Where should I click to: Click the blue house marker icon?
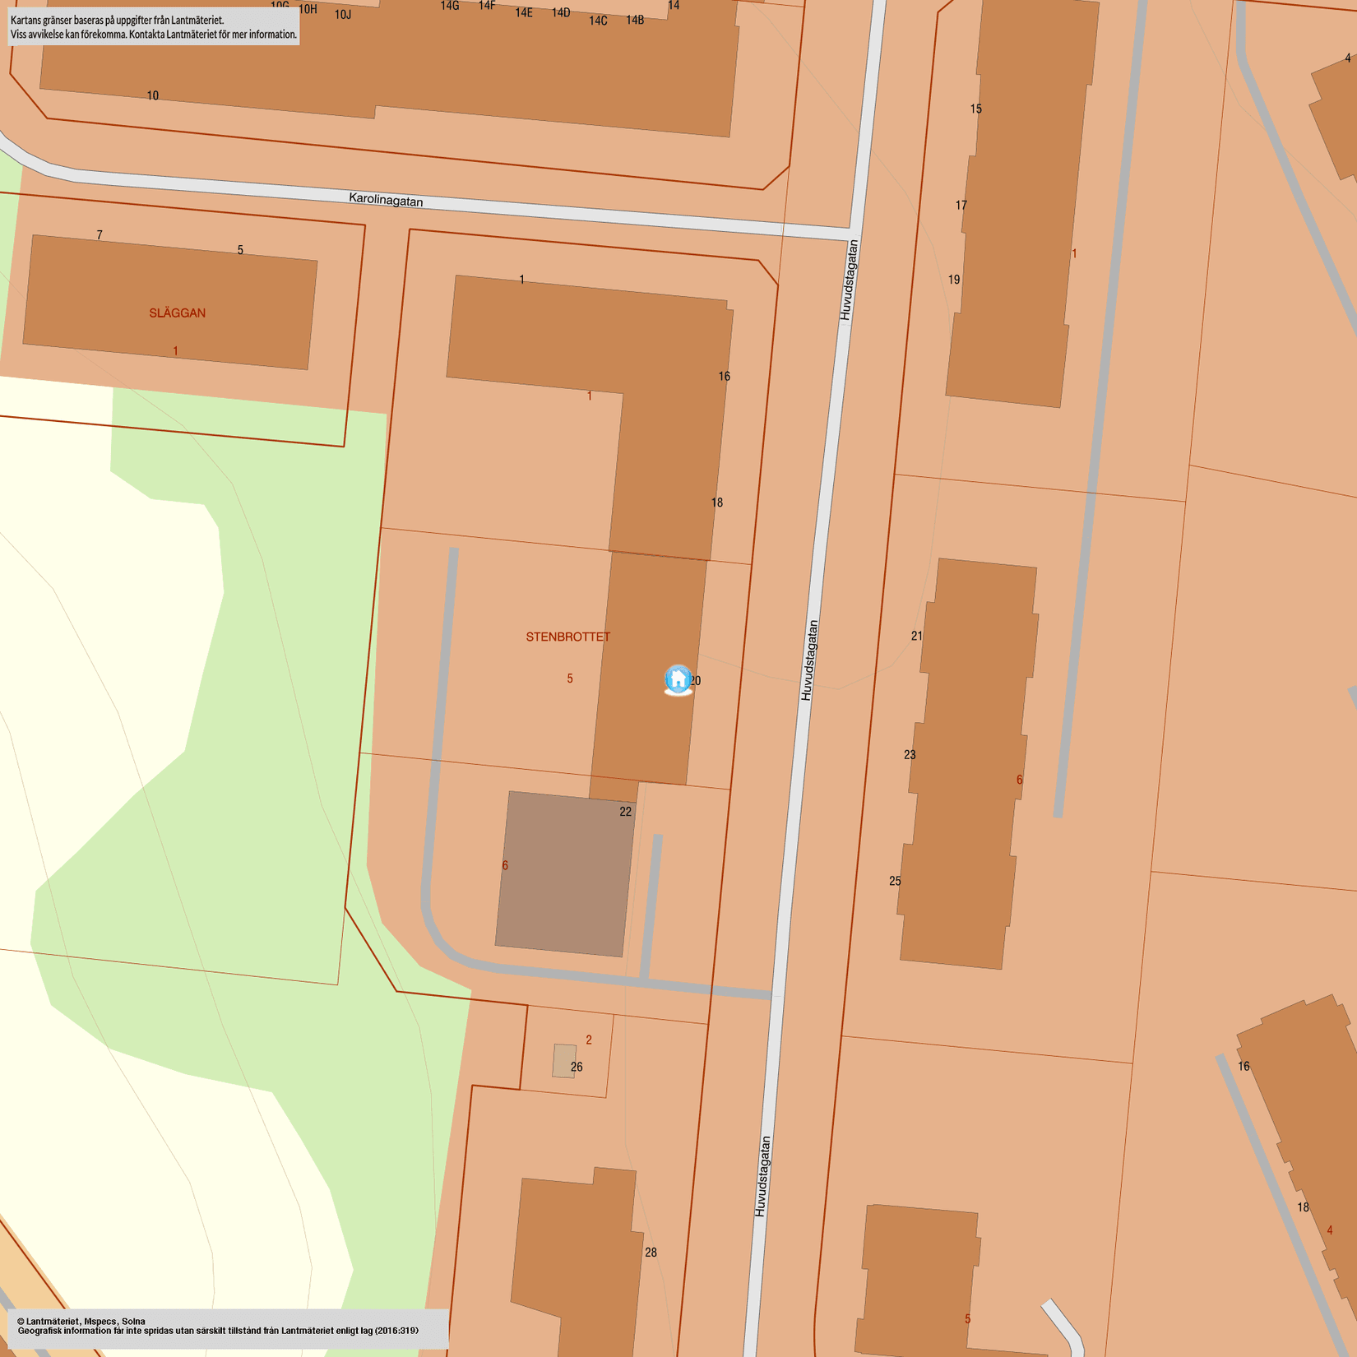point(678,679)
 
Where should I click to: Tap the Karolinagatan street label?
point(386,199)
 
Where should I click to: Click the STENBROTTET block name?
point(567,637)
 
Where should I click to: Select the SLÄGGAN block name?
point(177,313)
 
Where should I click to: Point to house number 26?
point(577,1067)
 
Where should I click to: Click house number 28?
point(651,1253)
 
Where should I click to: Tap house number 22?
point(625,812)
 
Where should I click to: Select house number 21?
point(917,636)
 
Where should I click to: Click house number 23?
point(910,754)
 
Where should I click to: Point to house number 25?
point(895,881)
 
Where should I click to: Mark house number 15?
point(975,109)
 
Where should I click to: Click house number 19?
point(954,280)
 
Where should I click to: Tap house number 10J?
point(343,15)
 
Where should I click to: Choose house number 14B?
point(635,20)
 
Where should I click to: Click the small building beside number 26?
point(563,1061)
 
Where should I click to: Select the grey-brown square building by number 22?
point(565,873)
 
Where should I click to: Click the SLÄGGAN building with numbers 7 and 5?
point(169,302)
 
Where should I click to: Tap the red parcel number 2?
point(589,1040)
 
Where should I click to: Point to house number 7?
point(100,235)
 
